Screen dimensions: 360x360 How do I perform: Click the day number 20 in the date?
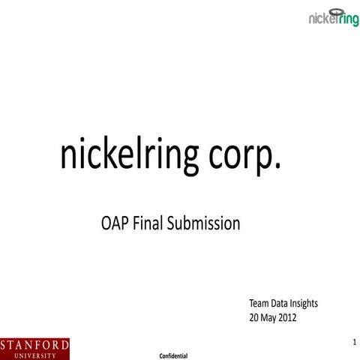click(254, 317)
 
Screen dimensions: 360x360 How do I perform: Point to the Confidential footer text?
click(173, 352)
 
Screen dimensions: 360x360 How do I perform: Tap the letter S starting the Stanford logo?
click(5, 344)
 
